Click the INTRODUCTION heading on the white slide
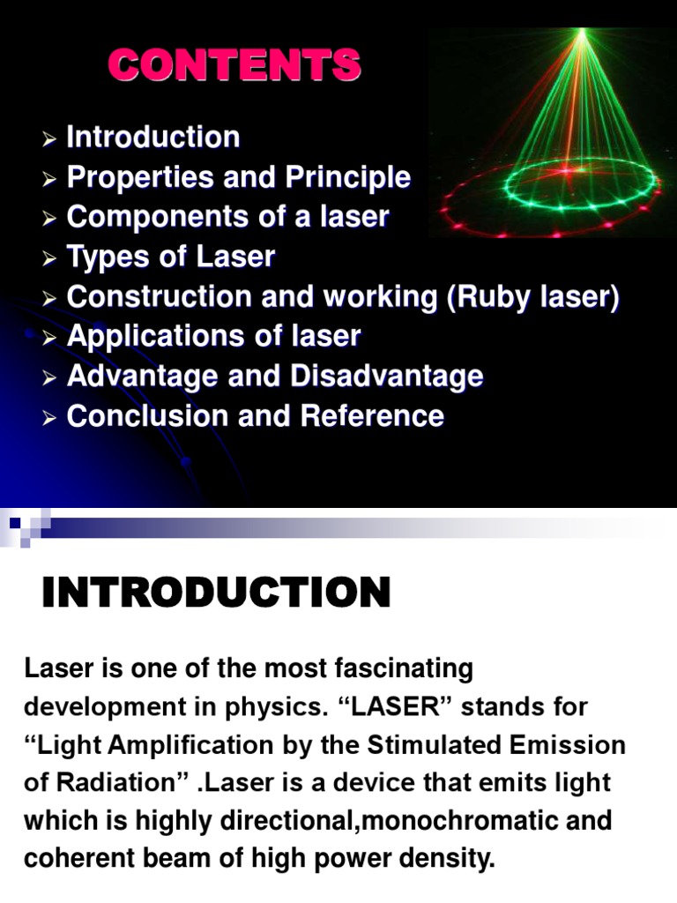pyautogui.click(x=216, y=593)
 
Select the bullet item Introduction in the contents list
pyautogui.click(x=153, y=138)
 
